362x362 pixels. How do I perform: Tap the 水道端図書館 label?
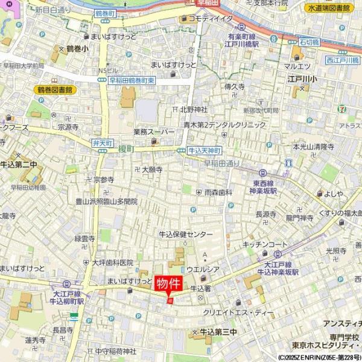(x=329, y=8)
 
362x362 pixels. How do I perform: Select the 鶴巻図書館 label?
(x=52, y=89)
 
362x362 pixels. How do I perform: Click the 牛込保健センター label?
(x=185, y=234)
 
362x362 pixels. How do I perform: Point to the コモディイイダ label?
(x=210, y=19)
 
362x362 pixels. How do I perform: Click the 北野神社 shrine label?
(x=193, y=109)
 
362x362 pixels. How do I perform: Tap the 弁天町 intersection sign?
(x=103, y=144)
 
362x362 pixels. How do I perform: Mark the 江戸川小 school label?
(x=307, y=78)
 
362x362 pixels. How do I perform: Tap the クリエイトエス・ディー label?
(x=238, y=313)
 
